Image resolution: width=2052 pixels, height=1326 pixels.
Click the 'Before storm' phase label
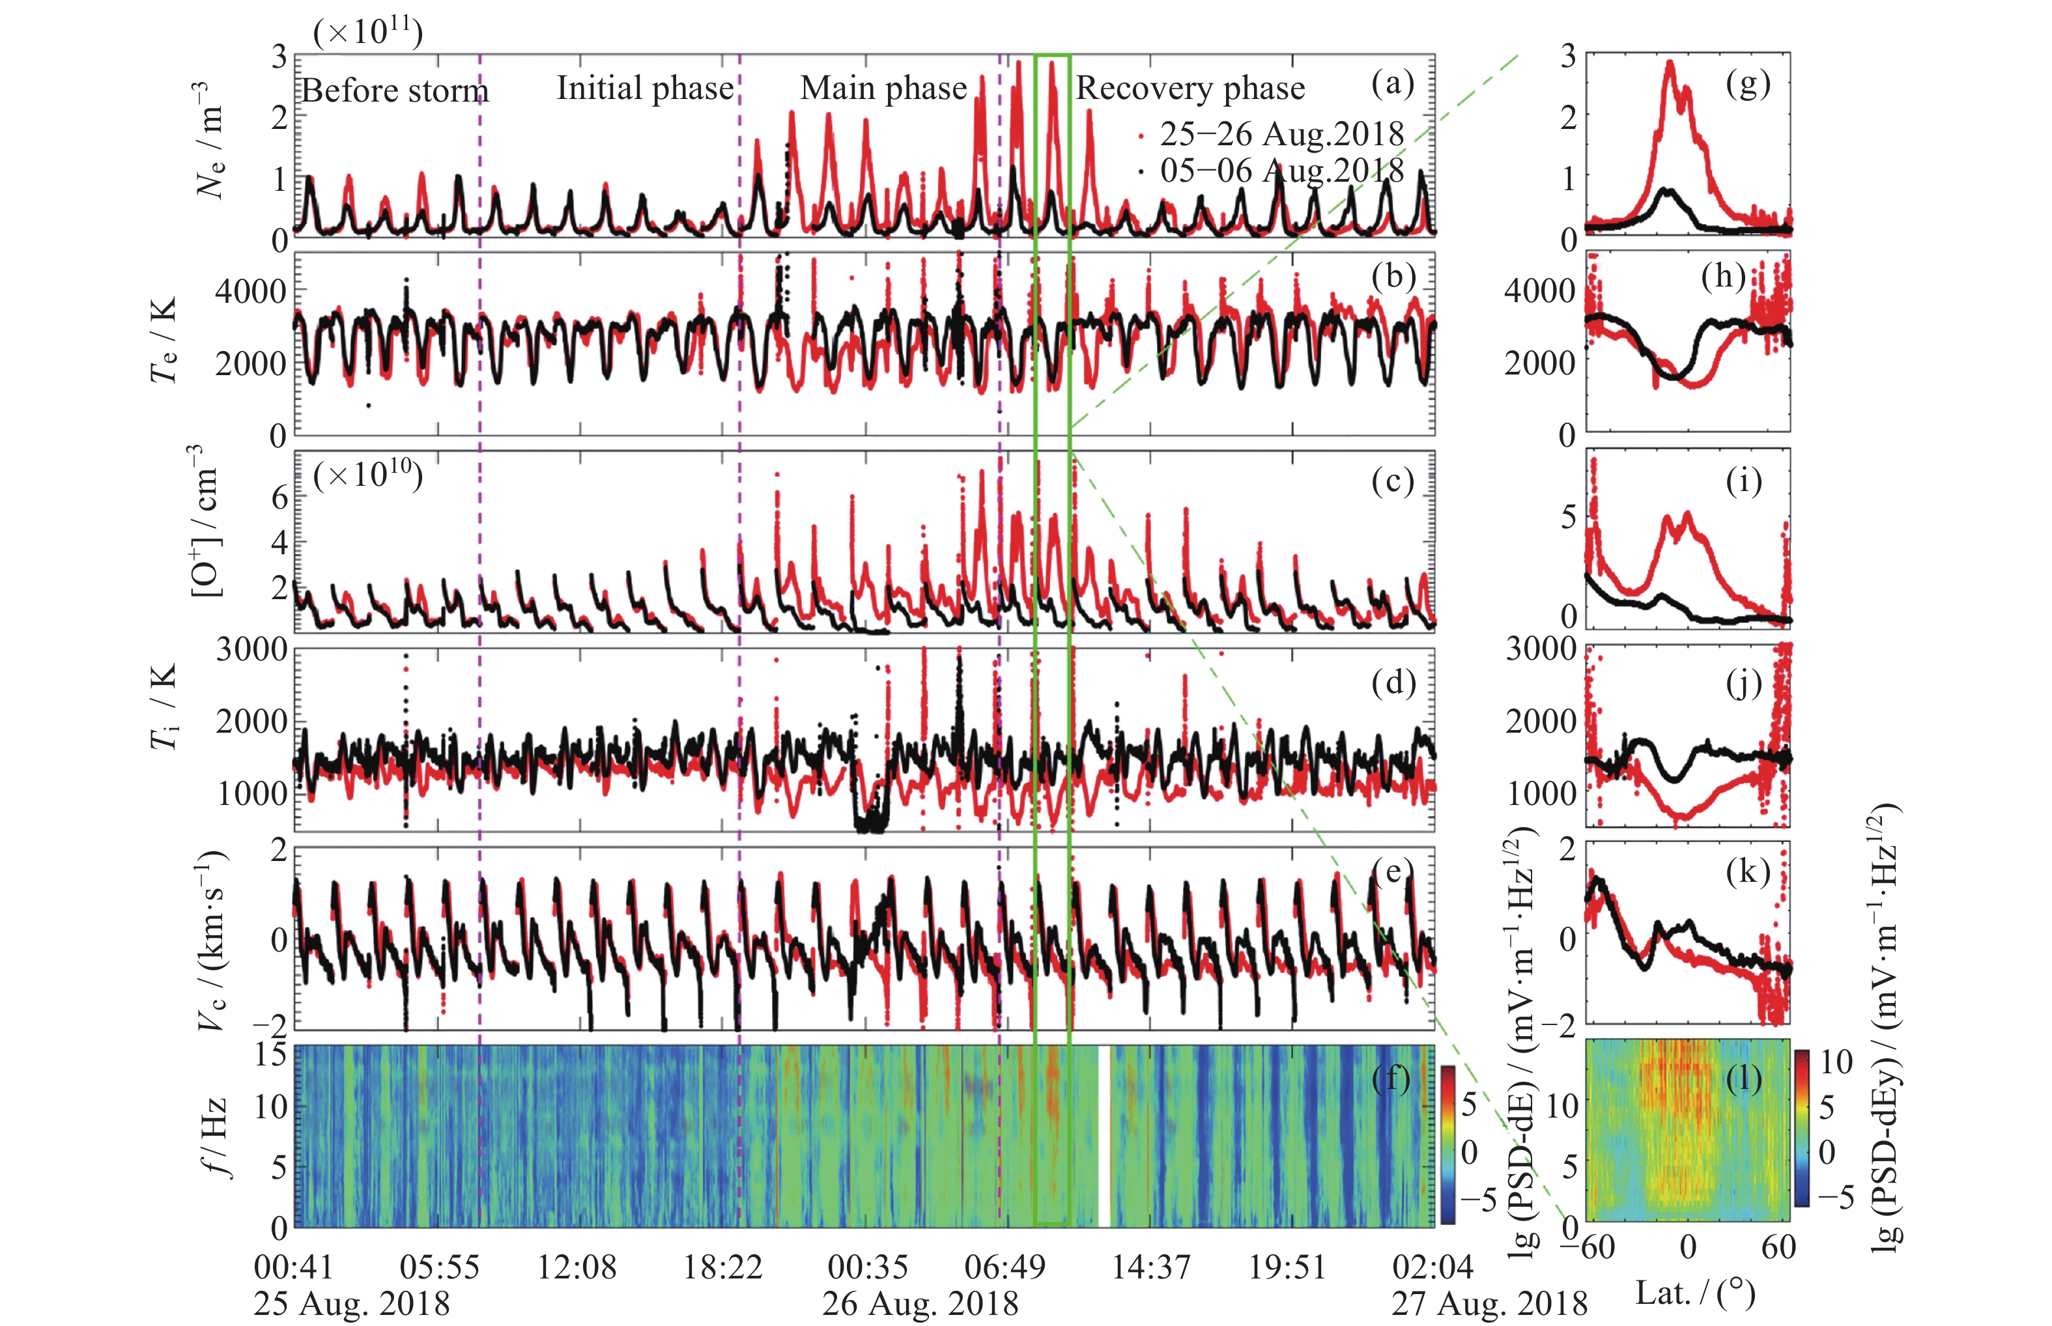394,91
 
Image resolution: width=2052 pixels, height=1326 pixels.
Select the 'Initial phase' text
645,88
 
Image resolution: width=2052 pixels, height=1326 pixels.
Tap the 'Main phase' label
883,88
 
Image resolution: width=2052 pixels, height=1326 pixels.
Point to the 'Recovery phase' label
1190,88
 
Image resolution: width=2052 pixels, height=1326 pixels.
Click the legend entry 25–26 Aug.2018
1281,134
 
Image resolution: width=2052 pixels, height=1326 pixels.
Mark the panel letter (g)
1748,85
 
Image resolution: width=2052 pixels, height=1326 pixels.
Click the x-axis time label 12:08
577,1267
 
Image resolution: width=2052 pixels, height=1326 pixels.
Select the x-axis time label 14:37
1151,1267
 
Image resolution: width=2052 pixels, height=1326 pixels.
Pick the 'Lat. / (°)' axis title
1694,1293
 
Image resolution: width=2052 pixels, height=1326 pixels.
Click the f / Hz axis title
215,1136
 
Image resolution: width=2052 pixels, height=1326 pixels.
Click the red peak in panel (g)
1670,64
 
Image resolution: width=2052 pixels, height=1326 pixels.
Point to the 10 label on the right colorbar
1836,1062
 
